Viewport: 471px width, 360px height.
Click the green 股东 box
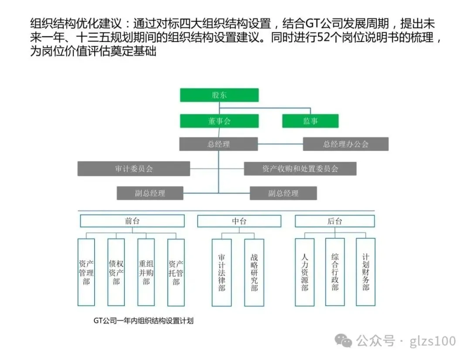[x=219, y=95]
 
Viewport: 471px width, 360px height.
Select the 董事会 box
[x=219, y=121]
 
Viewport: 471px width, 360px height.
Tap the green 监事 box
[x=311, y=121]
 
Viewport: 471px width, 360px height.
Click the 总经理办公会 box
[x=345, y=144]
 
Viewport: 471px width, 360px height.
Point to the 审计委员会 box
[x=134, y=168]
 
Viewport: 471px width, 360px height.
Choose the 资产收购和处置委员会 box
[x=300, y=168]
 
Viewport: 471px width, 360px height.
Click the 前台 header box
[x=132, y=221]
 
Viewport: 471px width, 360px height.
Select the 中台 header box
[x=239, y=221]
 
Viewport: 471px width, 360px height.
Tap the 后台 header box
[x=334, y=221]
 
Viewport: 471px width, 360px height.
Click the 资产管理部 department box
[x=86, y=272]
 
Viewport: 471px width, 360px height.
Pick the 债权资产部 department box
[x=116, y=272]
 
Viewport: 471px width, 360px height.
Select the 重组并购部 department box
[x=146, y=272]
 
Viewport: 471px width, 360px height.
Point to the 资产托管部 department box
[x=176, y=273]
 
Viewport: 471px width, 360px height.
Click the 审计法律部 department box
[x=222, y=273]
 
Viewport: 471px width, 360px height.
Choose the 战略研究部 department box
[x=254, y=273]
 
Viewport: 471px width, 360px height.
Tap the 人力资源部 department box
[x=304, y=272]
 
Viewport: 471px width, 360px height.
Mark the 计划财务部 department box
[x=365, y=272]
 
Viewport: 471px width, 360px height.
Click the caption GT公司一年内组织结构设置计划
[x=143, y=321]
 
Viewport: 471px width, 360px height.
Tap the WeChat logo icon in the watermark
[x=343, y=341]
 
